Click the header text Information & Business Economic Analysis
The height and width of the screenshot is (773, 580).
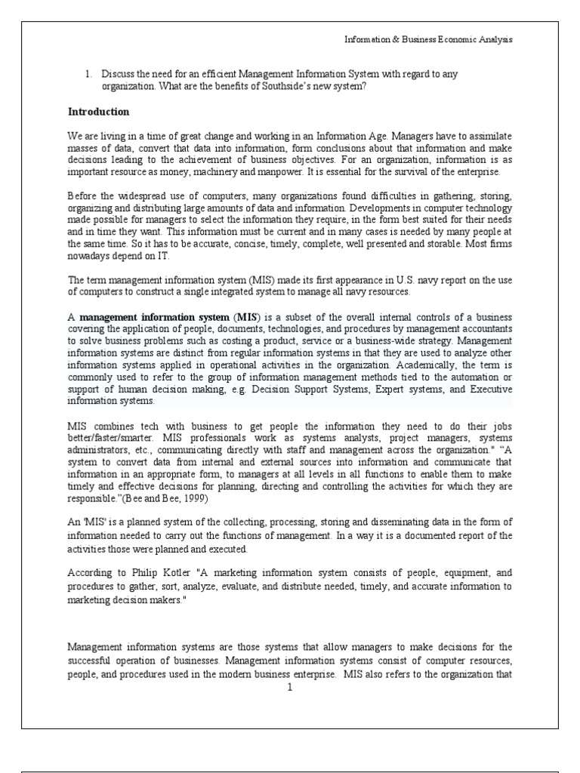point(428,39)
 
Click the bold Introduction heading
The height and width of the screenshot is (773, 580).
point(99,112)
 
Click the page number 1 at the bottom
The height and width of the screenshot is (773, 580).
point(289,687)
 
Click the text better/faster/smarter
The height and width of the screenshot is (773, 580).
point(109,438)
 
